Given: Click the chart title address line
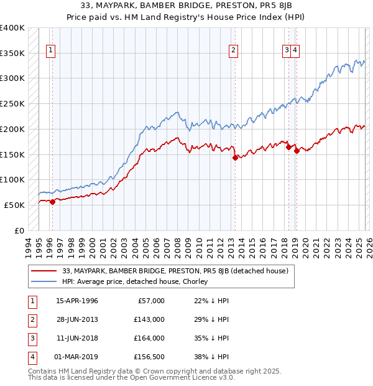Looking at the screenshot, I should coord(186,5).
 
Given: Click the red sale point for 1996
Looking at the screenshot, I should coord(53,201).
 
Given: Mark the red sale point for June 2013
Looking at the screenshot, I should coord(235,158).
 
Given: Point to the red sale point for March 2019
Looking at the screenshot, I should coord(297,151).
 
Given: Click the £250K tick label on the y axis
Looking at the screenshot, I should coord(12,103).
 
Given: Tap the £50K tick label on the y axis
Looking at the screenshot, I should coord(15,205).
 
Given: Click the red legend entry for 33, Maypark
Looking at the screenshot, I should coord(175,271).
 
